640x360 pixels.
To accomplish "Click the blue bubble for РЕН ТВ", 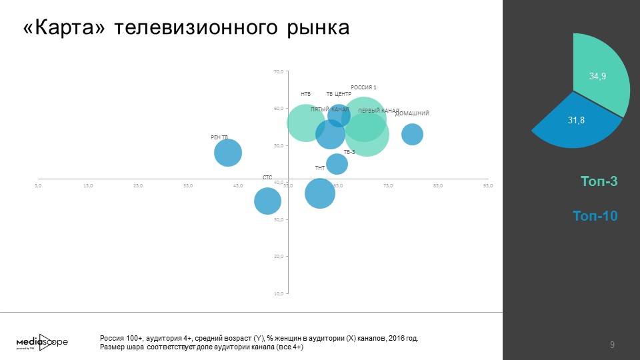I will [x=228, y=153].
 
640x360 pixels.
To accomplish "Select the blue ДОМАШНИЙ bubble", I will [x=413, y=134].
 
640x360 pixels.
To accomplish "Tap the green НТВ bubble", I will [x=305, y=123].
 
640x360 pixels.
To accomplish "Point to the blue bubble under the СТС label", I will [x=267, y=201].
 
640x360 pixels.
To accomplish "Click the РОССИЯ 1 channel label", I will [x=364, y=88].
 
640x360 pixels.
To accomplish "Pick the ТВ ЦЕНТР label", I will [x=339, y=94].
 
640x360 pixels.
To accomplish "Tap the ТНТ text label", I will [x=320, y=168].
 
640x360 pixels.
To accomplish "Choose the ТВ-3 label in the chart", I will [x=349, y=152].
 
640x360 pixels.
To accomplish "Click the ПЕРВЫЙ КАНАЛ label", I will [x=378, y=111].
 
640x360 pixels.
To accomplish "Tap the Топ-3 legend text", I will [x=599, y=181].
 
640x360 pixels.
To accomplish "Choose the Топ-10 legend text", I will [x=595, y=216].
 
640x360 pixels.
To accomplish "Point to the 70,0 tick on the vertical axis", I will [x=279, y=71].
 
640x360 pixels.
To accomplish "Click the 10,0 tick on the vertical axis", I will [x=279, y=293].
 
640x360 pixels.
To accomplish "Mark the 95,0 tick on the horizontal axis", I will [x=487, y=185].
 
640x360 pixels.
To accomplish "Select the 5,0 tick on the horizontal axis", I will [x=38, y=185].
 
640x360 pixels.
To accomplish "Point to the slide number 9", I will [x=612, y=345].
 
